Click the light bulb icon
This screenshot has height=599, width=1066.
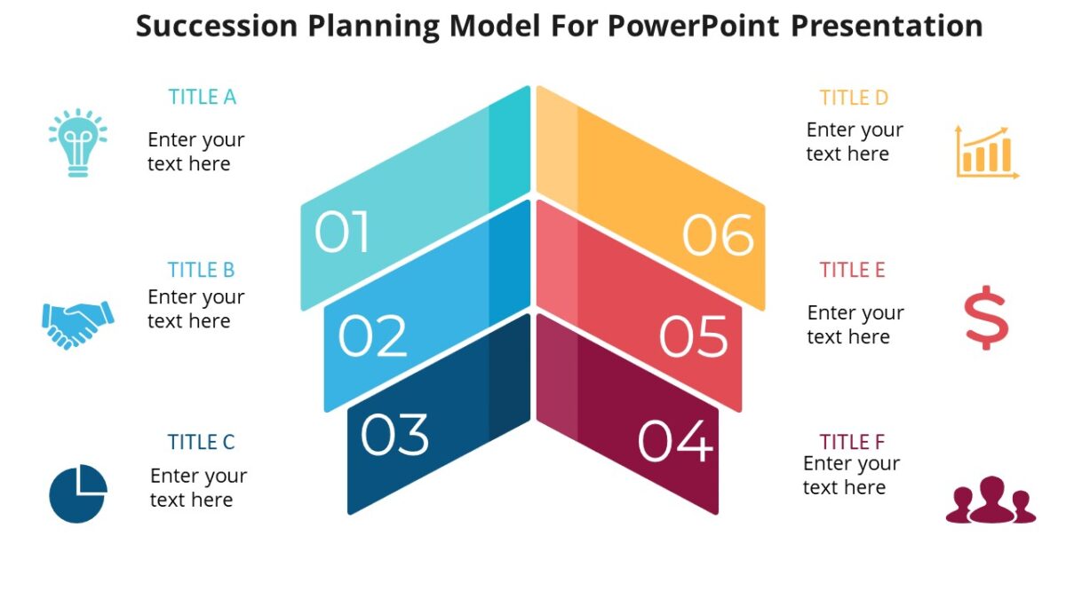(x=77, y=143)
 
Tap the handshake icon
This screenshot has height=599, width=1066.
(x=78, y=323)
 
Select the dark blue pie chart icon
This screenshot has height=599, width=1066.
(x=78, y=493)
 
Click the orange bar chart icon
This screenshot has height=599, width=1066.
(x=986, y=153)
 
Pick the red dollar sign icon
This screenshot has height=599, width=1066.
(x=985, y=318)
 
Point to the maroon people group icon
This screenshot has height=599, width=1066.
(x=990, y=501)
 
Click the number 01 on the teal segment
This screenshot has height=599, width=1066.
(x=342, y=233)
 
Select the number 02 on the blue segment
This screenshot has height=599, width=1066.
(x=372, y=336)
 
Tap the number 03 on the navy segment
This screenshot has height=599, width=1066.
(x=395, y=435)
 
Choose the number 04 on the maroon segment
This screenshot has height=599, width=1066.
(x=675, y=441)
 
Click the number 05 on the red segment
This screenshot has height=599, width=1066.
(x=694, y=337)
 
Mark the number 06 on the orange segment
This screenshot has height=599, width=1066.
(x=718, y=236)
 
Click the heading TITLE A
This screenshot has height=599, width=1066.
(x=203, y=97)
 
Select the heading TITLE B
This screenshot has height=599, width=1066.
(x=202, y=270)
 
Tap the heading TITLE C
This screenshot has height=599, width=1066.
(x=202, y=442)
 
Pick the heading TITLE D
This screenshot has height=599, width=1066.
(x=854, y=98)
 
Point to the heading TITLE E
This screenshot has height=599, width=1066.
(x=853, y=270)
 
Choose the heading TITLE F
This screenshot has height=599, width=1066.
(x=853, y=442)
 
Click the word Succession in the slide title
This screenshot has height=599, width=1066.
(x=218, y=26)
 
